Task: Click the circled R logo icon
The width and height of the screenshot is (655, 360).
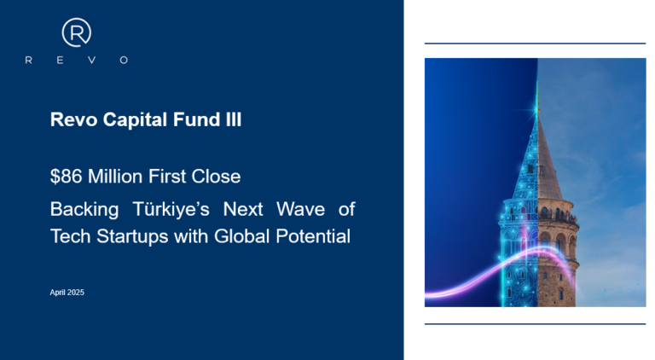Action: [77, 32]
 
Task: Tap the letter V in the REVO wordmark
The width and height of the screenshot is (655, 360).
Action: [92, 60]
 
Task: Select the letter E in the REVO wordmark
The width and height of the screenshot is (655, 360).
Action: [61, 60]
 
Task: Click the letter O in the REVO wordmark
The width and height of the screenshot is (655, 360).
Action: [124, 60]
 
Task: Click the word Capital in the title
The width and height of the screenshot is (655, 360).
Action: [136, 120]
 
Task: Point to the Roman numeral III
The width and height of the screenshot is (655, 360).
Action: [234, 119]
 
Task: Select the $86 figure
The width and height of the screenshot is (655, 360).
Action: [66, 177]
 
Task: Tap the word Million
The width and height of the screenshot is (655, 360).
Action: [115, 177]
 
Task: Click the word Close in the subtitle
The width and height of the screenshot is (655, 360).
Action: [216, 177]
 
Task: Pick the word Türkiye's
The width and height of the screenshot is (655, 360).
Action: [171, 209]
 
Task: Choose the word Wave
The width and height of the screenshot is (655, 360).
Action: [301, 209]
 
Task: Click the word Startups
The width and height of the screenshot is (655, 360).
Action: [132, 237]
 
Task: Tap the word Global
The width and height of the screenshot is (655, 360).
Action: [242, 236]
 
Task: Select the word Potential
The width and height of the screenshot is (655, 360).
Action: [313, 236]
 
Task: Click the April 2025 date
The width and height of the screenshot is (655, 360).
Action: [67, 293]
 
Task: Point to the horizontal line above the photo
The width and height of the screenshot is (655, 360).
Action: [535, 43]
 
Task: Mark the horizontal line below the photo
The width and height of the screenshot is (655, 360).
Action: [535, 323]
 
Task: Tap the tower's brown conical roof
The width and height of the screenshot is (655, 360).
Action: [548, 163]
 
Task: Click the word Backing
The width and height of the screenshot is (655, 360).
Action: [84, 210]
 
